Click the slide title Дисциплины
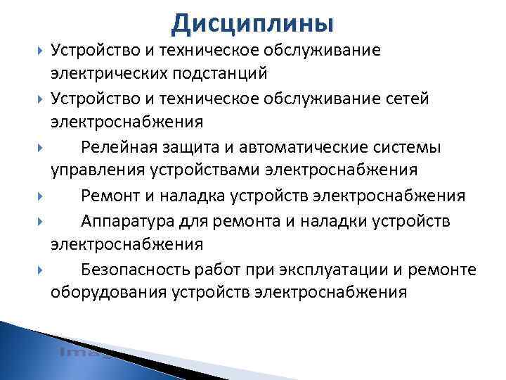(x=252, y=23)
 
